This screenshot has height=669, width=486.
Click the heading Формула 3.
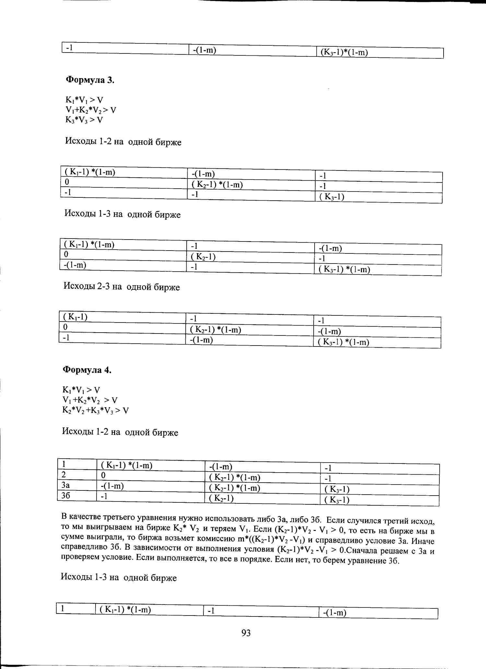tap(90, 80)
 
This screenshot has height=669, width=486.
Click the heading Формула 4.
tap(87, 370)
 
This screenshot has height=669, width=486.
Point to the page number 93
tap(246, 633)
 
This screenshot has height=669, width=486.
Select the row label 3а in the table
tap(65, 485)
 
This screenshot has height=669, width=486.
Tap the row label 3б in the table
tap(65, 496)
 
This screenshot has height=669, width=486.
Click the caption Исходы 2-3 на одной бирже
tap(121, 287)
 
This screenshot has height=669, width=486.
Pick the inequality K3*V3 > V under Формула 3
tap(84, 120)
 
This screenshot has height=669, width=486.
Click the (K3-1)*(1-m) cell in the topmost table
tap(344, 52)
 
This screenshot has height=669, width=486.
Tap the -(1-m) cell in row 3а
tap(112, 486)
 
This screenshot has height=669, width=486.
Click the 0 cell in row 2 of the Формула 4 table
tap(103, 475)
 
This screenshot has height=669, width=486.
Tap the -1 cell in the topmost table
tap(69, 48)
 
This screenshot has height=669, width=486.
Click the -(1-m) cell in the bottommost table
tap(335, 613)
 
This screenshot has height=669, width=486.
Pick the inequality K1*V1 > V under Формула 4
tap(81, 390)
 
